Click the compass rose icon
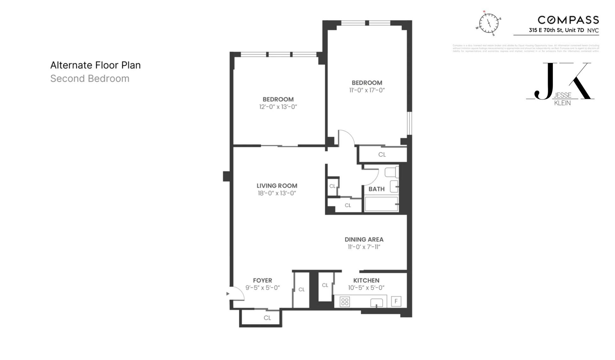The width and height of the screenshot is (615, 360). coord(488,23)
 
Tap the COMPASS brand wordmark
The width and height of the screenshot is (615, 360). coord(568,20)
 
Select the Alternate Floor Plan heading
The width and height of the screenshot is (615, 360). coord(95,65)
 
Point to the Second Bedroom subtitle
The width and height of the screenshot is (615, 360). coord(90,79)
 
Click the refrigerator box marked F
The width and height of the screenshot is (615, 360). coord(396,301)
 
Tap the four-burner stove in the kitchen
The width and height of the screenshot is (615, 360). coord(345,302)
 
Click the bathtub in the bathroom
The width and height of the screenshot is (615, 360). coord(381,204)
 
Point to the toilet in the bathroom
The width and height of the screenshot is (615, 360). coord(391,172)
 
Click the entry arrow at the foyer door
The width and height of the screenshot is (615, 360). coord(228,294)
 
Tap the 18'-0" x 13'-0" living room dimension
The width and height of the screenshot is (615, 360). coord(277,193)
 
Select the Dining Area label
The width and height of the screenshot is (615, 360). coord(364,240)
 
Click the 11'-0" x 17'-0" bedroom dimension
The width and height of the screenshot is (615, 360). coord(367,90)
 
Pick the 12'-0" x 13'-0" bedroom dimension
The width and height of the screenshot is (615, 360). coord(278,107)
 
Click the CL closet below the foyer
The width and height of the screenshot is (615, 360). coord(267,318)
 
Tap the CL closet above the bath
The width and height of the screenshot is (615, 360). coord(382,155)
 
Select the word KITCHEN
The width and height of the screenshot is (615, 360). coord(366,280)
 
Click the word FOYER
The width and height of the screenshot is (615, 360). coord(262,280)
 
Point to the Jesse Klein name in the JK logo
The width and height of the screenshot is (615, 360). coord(562,99)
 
